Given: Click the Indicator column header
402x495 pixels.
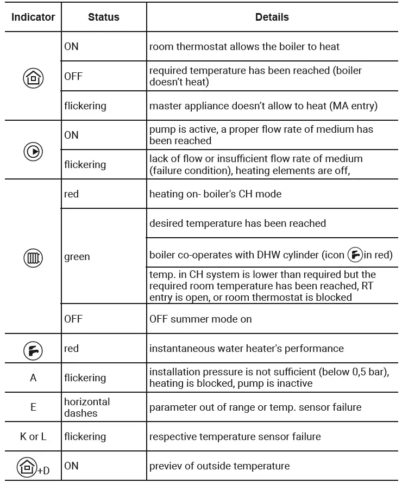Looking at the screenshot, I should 33,17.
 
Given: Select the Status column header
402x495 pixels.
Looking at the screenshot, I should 104,17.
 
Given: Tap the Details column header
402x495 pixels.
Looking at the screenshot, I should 272,17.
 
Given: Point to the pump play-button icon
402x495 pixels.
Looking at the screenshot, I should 33,151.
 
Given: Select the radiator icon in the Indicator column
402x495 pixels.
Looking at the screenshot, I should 33,257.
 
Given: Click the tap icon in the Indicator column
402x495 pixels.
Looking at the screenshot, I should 33,349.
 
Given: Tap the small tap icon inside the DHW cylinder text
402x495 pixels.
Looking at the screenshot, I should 355,255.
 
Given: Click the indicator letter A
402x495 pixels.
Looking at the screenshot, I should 33,378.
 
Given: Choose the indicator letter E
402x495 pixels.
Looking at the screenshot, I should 33,407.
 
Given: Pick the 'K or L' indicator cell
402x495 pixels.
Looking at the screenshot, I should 33,436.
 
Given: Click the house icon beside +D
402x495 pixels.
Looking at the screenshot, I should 28,467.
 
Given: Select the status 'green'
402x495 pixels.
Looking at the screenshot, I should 77,257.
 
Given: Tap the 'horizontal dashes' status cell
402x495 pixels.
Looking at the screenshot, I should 87,407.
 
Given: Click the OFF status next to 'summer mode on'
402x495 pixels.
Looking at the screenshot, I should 73,319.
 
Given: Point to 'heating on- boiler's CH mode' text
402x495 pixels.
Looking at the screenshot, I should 215,194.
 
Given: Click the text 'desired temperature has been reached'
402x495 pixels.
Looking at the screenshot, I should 237,223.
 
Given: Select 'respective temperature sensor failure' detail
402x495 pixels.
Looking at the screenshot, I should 235,436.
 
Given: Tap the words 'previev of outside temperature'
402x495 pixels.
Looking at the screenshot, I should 219,466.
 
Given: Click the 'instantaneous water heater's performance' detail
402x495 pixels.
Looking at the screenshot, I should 246,348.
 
